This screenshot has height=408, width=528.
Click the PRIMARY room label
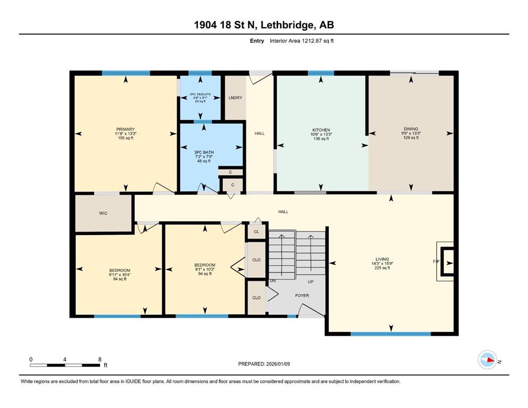coord(125,129)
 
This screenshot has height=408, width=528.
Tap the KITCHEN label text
coord(321,130)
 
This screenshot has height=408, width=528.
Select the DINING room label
coord(411,129)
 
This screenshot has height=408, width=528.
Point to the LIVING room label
coord(382,259)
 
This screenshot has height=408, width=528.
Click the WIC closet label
coord(103,213)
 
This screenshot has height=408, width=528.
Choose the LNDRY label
coord(236,98)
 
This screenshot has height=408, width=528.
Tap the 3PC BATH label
coord(204,152)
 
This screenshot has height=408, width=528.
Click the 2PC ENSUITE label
coord(200,94)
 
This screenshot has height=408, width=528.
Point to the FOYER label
coord(302,295)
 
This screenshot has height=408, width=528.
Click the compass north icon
coord(488,360)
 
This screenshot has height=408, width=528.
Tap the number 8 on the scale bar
coord(99,359)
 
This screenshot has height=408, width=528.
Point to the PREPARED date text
coord(264,364)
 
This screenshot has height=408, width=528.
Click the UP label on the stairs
coord(311,282)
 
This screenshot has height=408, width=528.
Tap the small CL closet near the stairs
coord(257,232)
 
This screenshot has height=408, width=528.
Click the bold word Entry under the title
coord(257,41)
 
